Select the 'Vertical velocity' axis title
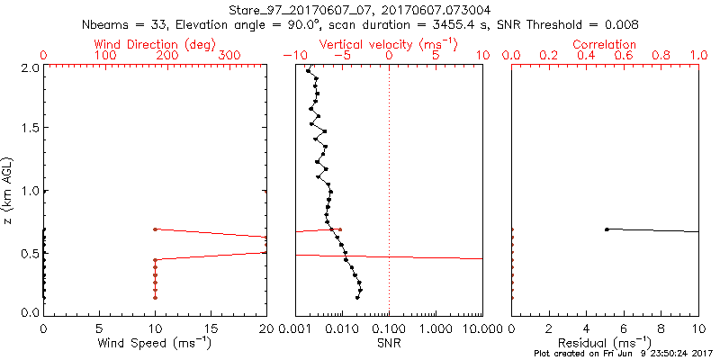click(388, 44)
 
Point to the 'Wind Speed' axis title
click(155, 343)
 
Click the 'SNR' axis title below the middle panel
click(388, 343)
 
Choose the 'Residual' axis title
click(604, 343)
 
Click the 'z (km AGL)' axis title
click(11, 190)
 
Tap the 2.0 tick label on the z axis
click(28, 67)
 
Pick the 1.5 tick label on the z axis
click(28, 129)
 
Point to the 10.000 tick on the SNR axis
click(481, 328)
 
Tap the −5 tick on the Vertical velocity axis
click(340, 56)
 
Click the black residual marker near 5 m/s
click(607, 229)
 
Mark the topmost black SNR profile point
click(308, 70)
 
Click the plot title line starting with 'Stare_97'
click(360, 10)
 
